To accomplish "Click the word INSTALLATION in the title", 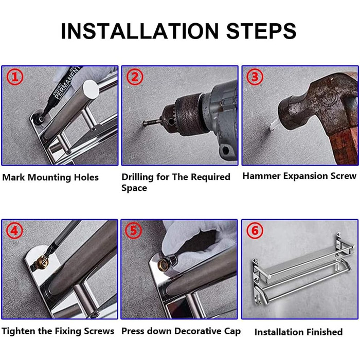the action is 140,31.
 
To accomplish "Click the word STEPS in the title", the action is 261,31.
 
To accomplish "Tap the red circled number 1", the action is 15,77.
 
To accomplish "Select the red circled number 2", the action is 135,77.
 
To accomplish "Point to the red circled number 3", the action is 255,77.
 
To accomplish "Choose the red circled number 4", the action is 15,230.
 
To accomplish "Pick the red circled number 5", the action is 134,230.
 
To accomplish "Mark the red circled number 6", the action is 255,230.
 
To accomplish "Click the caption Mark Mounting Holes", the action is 50,177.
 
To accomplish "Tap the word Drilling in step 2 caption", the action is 137,177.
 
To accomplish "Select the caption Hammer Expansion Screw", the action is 299,176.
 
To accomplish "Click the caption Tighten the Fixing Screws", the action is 58,331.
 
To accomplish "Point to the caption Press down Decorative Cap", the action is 181,331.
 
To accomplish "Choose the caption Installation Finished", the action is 298,332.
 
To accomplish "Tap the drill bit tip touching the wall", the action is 144,124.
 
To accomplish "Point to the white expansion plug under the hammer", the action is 273,126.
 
